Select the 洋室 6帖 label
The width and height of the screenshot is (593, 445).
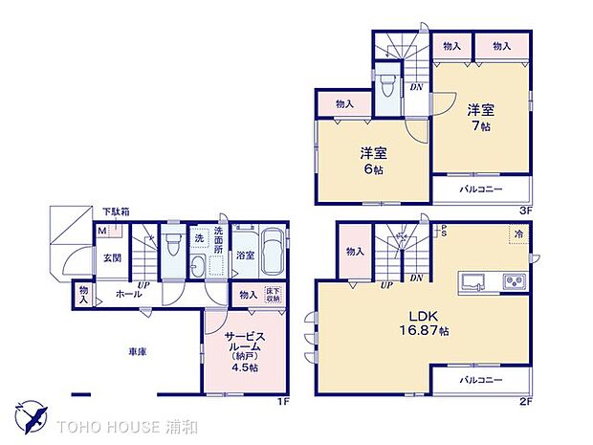tap(372, 159)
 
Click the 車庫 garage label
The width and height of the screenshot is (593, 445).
tap(138, 351)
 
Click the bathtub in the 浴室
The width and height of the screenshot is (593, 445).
tap(270, 254)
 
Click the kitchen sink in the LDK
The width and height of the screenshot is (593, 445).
tap(472, 281)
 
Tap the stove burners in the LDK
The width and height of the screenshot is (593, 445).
tap(512, 281)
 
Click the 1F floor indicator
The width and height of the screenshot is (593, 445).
tap(283, 401)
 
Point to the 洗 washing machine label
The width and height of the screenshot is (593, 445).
tap(199, 235)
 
